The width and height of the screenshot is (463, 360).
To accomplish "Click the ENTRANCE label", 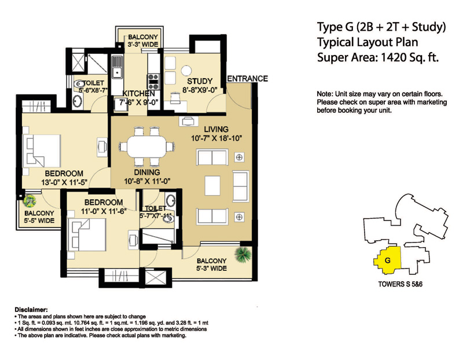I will tap(247, 79).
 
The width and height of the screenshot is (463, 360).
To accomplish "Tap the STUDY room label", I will tap(200, 82).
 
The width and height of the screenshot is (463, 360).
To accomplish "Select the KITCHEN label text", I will tap(138, 94).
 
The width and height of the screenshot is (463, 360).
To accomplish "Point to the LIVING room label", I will tap(215, 128).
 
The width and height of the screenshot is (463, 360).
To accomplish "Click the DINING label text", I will tap(147, 172).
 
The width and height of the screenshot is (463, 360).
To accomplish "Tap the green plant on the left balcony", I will tap(30, 201).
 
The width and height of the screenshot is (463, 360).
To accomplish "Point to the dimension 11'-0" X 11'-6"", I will tap(102, 212).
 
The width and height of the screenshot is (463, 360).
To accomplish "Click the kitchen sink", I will tap(117, 72).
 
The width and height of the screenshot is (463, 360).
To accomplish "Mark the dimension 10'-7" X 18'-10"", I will tap(215, 138).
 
